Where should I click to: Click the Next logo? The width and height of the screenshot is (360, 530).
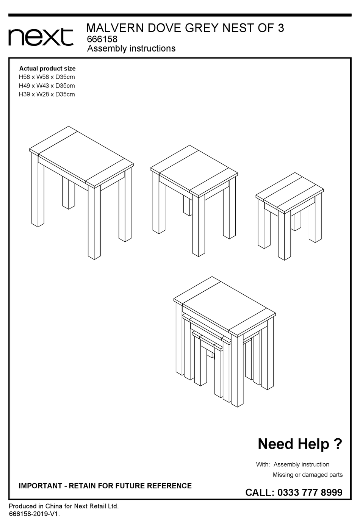coord(41,37)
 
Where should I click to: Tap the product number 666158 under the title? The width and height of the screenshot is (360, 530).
coord(102,39)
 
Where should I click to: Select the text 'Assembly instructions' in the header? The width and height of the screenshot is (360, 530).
coord(131,48)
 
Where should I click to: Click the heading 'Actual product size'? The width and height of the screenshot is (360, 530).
coord(47,69)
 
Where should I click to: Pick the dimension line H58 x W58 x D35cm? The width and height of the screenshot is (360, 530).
coord(47,77)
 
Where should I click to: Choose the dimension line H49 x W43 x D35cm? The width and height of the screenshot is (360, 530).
coord(47,86)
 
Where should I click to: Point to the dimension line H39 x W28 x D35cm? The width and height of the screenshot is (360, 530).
coord(47,94)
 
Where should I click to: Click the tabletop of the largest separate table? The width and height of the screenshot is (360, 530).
coord(81,156)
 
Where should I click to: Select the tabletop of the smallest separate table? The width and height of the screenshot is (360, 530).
coord(290,193)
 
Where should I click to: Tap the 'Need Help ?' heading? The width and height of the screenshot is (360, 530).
coord(300,444)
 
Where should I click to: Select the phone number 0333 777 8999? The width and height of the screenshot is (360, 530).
coord(310,492)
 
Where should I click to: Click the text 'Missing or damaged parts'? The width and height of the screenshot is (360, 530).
coord(308,475)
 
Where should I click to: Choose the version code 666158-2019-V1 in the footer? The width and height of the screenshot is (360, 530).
coord(34,514)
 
